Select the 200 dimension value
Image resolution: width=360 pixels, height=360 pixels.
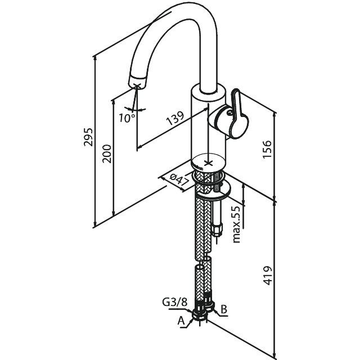(107, 154)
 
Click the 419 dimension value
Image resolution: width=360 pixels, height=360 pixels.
(268, 275)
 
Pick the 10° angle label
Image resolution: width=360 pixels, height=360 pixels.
(127, 118)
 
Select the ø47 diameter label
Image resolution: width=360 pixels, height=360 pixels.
(178, 180)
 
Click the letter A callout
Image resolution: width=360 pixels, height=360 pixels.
(181, 321)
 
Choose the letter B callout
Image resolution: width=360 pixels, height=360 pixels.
(223, 309)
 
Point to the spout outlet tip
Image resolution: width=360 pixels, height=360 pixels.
(138, 83)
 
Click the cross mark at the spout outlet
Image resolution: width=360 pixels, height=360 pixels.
(137, 85)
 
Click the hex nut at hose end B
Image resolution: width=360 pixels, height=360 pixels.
(210, 307)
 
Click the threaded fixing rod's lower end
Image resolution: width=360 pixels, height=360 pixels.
(217, 232)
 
